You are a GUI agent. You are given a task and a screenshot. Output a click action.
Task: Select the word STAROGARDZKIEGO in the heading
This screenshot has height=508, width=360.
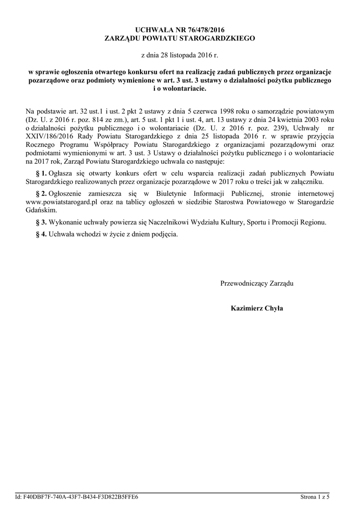coord(219,38)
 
